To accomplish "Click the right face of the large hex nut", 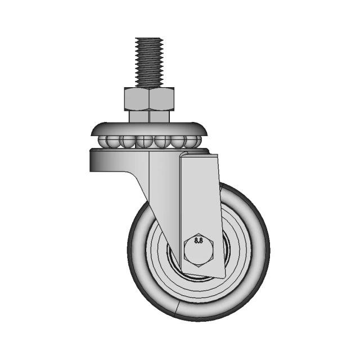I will (162, 99).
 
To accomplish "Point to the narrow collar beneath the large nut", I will (150, 116).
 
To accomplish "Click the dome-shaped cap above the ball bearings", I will (150, 128).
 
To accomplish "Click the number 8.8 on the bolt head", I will (199, 241).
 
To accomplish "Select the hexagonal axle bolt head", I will (199, 250).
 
